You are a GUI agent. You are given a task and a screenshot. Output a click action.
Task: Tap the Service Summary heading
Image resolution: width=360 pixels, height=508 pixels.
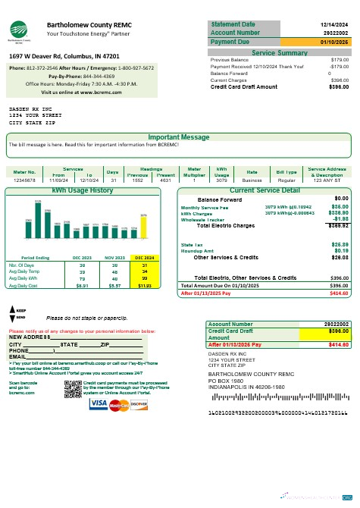coord(279,53)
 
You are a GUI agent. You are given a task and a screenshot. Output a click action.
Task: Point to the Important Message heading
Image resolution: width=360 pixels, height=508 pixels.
coord(179,137)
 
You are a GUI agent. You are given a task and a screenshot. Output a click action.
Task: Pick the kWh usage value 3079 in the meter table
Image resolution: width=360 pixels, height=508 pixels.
coord(222,180)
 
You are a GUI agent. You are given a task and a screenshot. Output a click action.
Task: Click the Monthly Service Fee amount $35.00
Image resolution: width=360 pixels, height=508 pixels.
coord(340,206)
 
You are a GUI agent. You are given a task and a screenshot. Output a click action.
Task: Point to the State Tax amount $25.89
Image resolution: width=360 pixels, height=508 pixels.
coord(340,245)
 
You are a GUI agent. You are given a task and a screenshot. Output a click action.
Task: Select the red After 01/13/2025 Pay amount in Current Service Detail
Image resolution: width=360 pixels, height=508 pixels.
coord(338,292)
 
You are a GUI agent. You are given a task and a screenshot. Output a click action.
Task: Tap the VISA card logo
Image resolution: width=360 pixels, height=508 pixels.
coord(99,405)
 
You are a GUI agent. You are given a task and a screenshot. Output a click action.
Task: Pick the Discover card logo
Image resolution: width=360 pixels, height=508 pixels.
coord(137,405)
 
